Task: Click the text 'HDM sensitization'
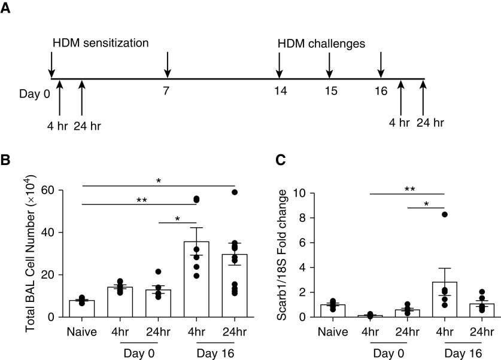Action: [101, 44]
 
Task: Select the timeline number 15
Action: [329, 91]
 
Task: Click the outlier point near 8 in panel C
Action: [444, 214]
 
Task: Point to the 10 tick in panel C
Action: [312, 193]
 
